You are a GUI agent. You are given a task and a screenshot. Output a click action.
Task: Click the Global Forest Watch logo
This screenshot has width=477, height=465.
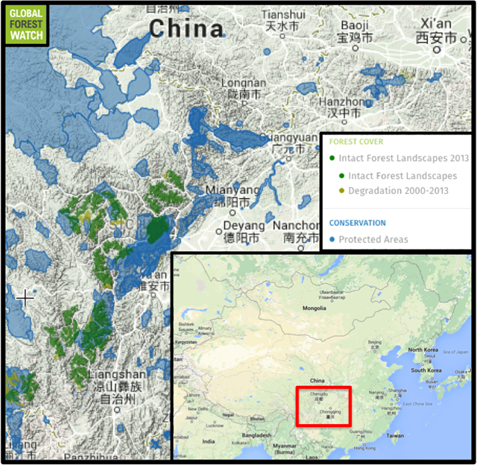click(x=26, y=24)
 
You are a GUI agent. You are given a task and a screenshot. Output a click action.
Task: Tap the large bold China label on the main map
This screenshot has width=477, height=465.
click(x=186, y=29)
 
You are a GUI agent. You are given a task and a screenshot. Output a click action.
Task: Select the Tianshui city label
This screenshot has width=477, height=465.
click(x=284, y=20)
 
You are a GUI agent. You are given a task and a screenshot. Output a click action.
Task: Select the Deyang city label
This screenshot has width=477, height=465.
click(x=244, y=231)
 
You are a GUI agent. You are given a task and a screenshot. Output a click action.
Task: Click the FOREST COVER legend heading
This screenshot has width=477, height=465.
click(x=356, y=142)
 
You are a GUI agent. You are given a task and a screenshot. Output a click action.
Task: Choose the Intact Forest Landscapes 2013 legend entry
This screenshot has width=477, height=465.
click(x=403, y=158)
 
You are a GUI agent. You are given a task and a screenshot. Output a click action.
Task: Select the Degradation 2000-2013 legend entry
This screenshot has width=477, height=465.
click(x=396, y=191)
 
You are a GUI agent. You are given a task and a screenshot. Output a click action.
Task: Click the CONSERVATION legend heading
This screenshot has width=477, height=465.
click(x=358, y=223)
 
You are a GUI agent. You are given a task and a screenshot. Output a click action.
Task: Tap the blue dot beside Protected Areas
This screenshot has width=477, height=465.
click(x=332, y=239)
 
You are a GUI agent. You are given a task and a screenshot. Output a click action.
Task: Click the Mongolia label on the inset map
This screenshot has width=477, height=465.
click(x=313, y=307)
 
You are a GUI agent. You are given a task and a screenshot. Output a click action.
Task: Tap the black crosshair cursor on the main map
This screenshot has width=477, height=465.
click(x=25, y=298)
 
